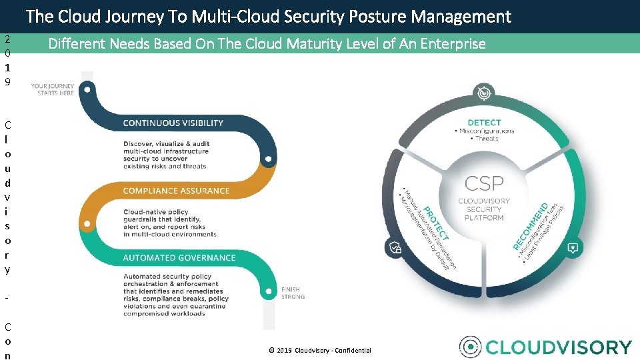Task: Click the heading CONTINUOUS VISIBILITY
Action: (x=173, y=123)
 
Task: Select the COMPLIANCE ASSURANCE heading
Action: (x=176, y=191)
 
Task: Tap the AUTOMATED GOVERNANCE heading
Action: (x=179, y=258)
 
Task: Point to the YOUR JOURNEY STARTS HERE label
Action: (x=53, y=89)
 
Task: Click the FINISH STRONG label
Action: (x=293, y=293)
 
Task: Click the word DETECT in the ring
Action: (x=485, y=123)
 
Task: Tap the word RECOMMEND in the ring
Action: (x=531, y=226)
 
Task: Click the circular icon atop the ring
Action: (x=482, y=93)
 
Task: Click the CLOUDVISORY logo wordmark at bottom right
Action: (x=558, y=347)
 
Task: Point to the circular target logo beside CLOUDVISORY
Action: (x=471, y=347)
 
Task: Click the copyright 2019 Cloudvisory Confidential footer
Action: (x=319, y=351)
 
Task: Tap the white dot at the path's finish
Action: (x=267, y=291)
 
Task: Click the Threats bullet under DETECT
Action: (x=486, y=139)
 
